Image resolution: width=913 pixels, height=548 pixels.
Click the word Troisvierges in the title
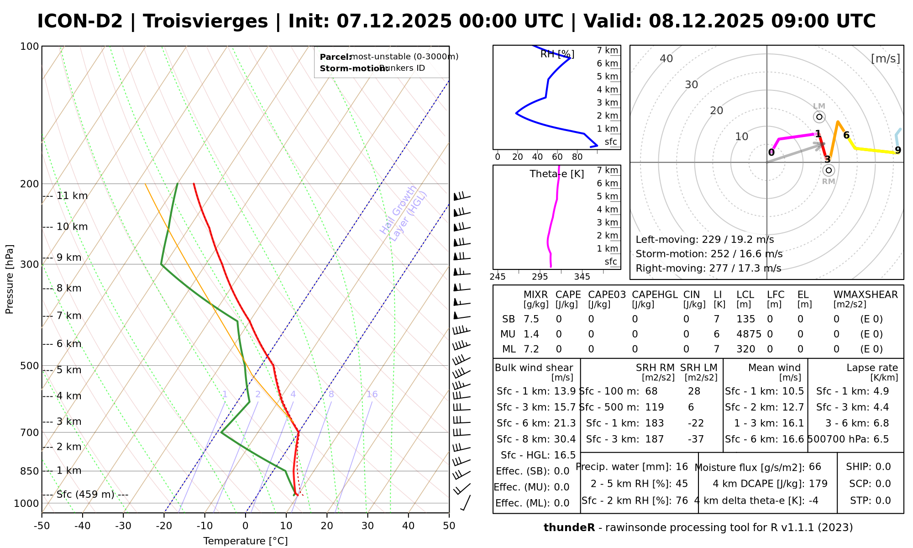point(205,21)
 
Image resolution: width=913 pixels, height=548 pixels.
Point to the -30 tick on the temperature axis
point(123,526)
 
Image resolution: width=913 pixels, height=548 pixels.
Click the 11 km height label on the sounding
point(72,196)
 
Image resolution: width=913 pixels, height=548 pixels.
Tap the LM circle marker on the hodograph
point(819,117)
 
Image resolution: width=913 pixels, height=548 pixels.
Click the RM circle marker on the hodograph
point(829,170)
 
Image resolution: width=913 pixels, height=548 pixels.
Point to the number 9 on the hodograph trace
point(898,150)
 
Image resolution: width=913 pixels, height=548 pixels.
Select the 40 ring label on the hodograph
point(666,58)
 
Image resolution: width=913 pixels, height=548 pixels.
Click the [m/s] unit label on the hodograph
point(886,58)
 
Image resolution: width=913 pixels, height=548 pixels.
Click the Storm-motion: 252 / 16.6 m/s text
point(709,254)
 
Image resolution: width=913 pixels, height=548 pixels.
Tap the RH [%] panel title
point(557,54)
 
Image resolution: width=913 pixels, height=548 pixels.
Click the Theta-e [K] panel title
point(557,174)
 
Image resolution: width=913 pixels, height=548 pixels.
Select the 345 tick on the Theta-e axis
point(582,277)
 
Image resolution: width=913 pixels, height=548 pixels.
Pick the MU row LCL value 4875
point(749,334)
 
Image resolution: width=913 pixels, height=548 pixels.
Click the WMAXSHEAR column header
point(866,295)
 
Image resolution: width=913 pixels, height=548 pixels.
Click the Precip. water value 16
point(682,467)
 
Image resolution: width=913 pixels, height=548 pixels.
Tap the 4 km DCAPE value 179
point(818,484)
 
